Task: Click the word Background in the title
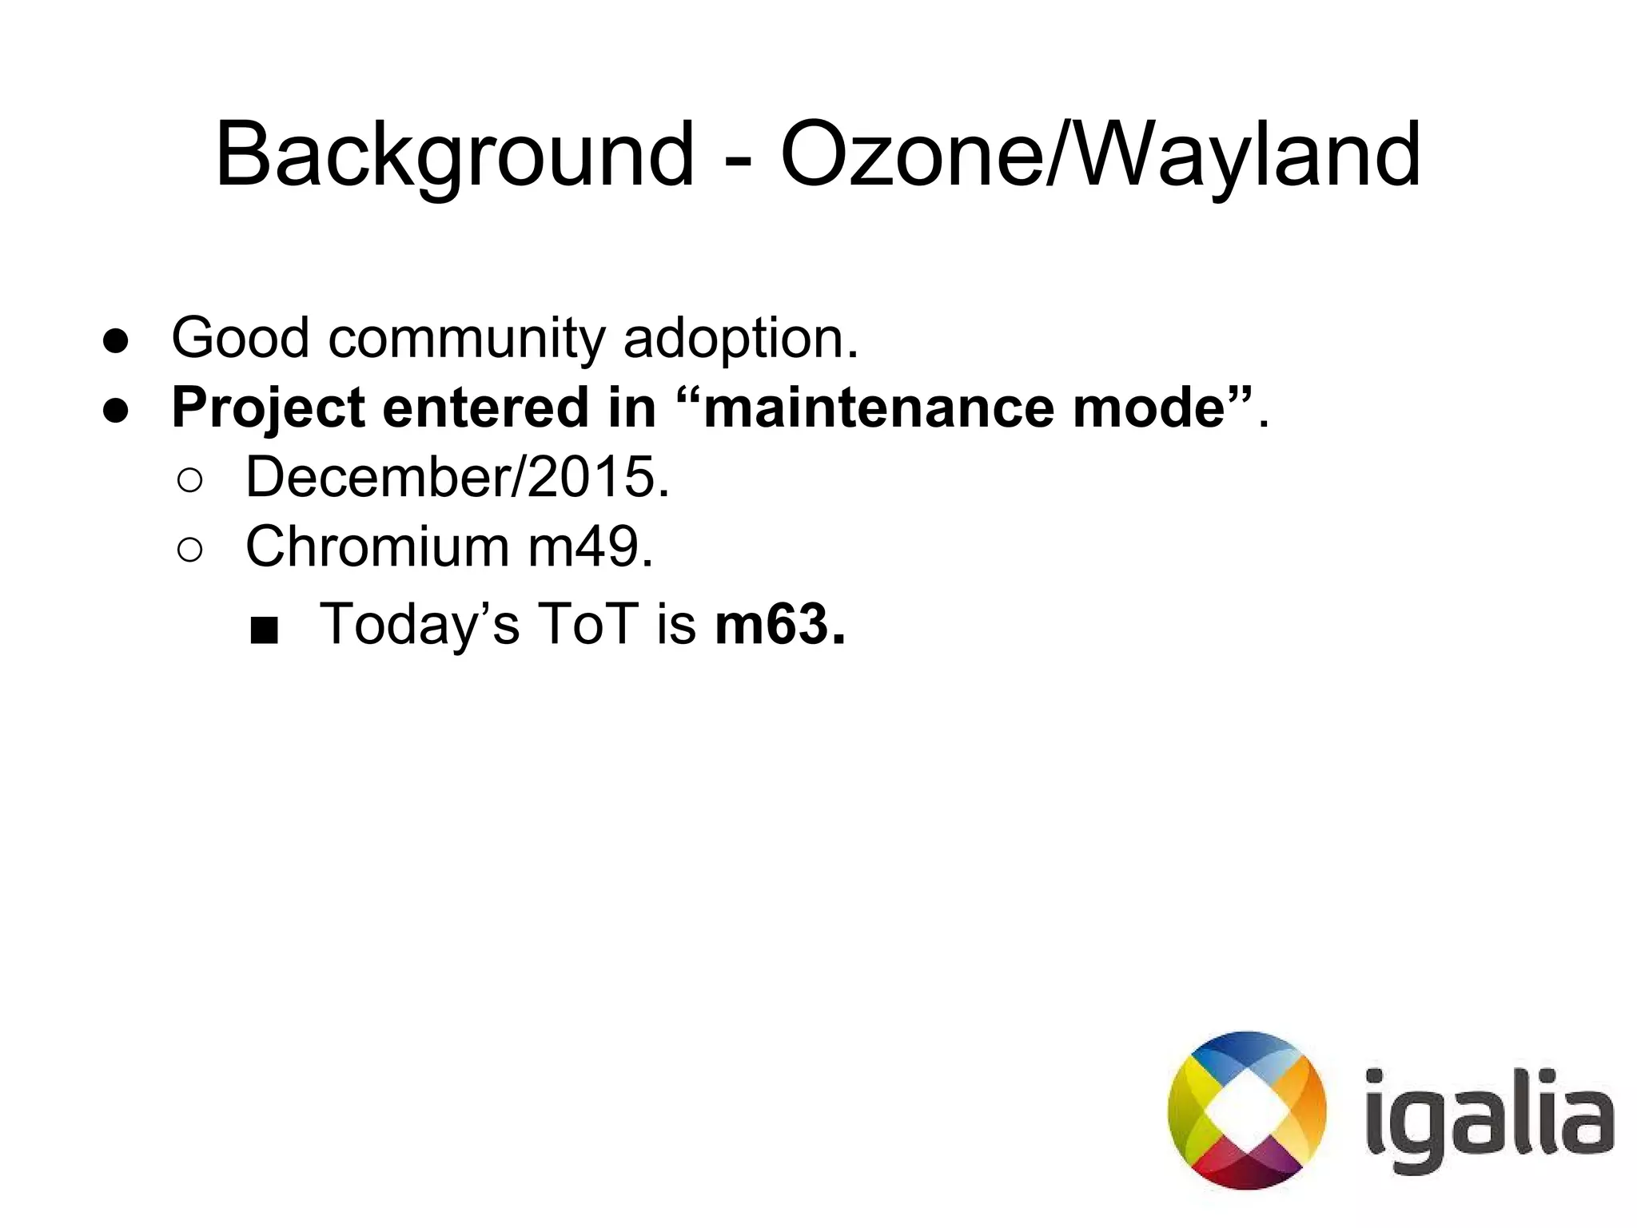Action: [x=454, y=156]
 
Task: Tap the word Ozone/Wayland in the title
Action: [x=1100, y=156]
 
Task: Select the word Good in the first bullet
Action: [x=240, y=338]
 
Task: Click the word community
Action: [x=466, y=340]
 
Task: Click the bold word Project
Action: [x=268, y=409]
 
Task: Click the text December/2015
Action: [x=456, y=478]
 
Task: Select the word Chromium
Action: [x=376, y=547]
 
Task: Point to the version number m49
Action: [x=590, y=547]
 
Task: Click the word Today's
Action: [x=420, y=624]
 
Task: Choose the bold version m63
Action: [x=779, y=624]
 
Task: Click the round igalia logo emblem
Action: [x=1246, y=1111]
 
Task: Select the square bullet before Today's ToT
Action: [x=263, y=630]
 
